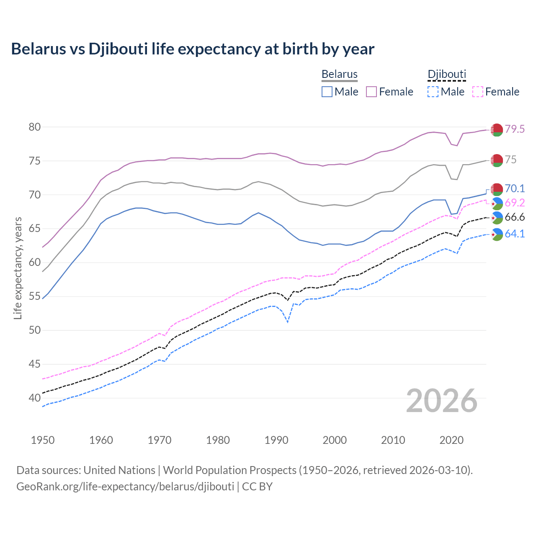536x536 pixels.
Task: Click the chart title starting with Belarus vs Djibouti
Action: point(193,49)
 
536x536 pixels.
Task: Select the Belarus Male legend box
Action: point(327,92)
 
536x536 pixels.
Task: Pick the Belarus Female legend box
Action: point(371,92)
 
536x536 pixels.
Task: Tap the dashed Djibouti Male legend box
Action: point(433,92)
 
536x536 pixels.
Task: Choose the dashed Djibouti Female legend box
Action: point(478,92)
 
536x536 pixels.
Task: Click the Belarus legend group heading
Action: point(340,75)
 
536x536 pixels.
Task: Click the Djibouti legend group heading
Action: point(447,75)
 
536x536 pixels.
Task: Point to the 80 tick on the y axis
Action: point(34,127)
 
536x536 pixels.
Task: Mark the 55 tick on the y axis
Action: point(34,296)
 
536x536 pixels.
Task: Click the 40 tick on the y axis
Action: point(34,398)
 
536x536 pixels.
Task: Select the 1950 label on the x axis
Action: point(43,440)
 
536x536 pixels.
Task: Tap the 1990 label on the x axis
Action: point(276,440)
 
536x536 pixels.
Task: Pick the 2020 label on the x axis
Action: point(451,440)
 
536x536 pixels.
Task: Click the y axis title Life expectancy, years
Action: point(18,268)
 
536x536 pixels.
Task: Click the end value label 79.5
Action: point(515,129)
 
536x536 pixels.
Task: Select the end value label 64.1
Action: point(515,234)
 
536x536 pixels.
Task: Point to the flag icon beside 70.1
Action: point(497,189)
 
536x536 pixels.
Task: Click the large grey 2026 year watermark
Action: point(442,401)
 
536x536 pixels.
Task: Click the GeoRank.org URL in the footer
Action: point(125,487)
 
